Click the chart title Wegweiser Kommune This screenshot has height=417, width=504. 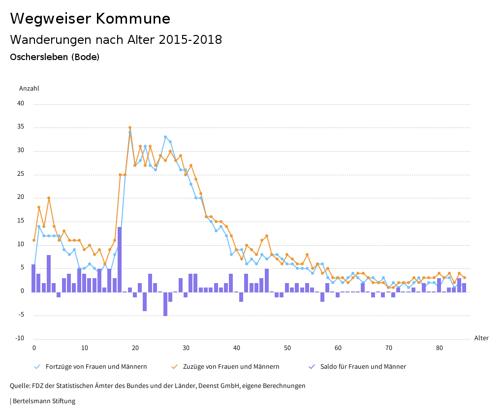[x=90, y=19]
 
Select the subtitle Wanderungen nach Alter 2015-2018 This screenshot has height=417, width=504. [x=116, y=40]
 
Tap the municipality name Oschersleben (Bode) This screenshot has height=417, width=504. [x=55, y=57]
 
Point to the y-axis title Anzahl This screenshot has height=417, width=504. [x=29, y=89]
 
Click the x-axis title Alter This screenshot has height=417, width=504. [x=481, y=338]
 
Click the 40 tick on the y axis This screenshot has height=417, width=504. [x=21, y=103]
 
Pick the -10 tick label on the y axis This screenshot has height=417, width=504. [x=20, y=338]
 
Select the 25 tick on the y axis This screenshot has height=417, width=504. [x=21, y=174]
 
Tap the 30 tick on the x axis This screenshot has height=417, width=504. [x=186, y=348]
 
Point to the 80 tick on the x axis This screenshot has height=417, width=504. [x=439, y=348]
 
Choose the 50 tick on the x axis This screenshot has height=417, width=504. [x=287, y=348]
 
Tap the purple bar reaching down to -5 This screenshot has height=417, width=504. [x=165, y=304]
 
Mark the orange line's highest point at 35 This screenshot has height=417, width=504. [x=130, y=128]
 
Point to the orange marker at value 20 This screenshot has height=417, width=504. [x=49, y=198]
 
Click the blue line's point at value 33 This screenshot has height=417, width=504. [x=165, y=137]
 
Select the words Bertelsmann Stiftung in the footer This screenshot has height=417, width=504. [x=44, y=401]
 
